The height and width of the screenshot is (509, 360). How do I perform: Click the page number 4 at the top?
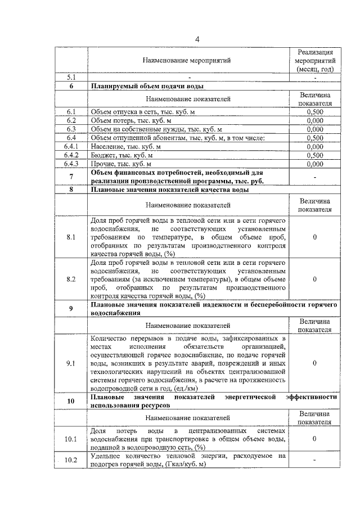click(197, 39)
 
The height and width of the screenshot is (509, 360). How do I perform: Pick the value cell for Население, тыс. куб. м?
click(315, 146)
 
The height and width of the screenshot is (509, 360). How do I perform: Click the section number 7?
click(71, 177)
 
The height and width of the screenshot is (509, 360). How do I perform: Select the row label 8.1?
click(71, 237)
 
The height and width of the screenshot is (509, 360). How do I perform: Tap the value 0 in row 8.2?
click(315, 279)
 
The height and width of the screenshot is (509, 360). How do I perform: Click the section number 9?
click(71, 308)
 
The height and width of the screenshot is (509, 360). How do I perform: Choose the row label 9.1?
click(71, 363)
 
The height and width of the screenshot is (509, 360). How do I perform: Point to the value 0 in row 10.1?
click(315, 439)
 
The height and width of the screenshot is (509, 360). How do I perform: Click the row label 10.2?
click(71, 460)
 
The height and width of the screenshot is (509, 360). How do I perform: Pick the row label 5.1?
click(71, 77)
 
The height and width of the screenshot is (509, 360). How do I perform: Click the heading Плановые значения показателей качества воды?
click(170, 190)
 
